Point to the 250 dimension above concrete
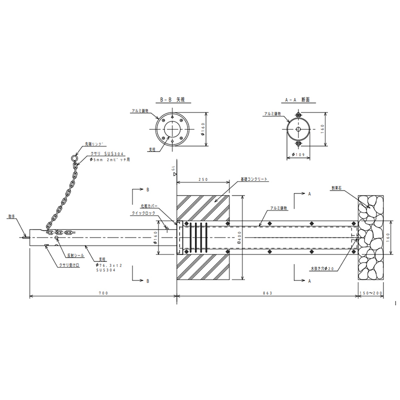[x=202, y=179]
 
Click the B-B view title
[x=172, y=100]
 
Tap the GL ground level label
[x=173, y=170]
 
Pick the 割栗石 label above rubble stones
[x=336, y=189]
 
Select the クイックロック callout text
[x=143, y=213]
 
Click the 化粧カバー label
[x=149, y=205]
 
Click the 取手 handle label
[x=11, y=217]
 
